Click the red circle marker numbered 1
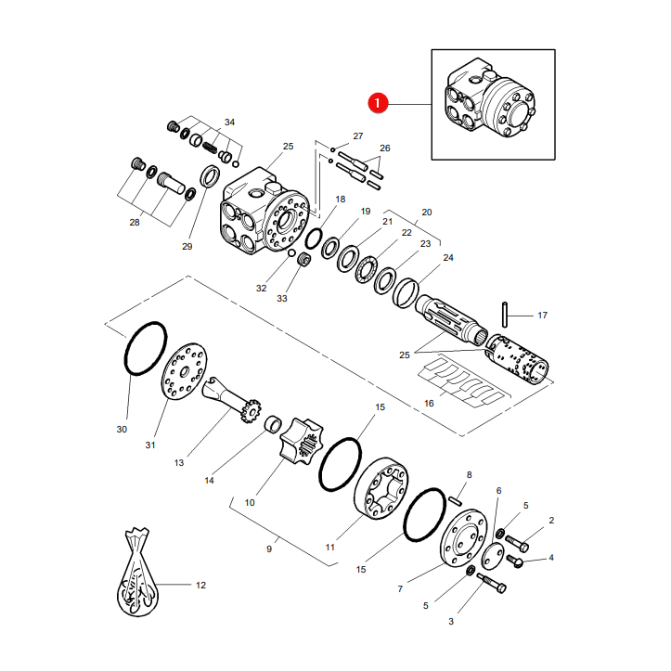click(378, 103)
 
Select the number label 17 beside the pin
click(542, 316)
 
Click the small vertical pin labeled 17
click(505, 315)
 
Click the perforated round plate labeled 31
click(184, 371)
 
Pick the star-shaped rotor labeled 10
click(301, 443)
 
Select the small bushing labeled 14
click(273, 423)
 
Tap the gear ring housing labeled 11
click(381, 488)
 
